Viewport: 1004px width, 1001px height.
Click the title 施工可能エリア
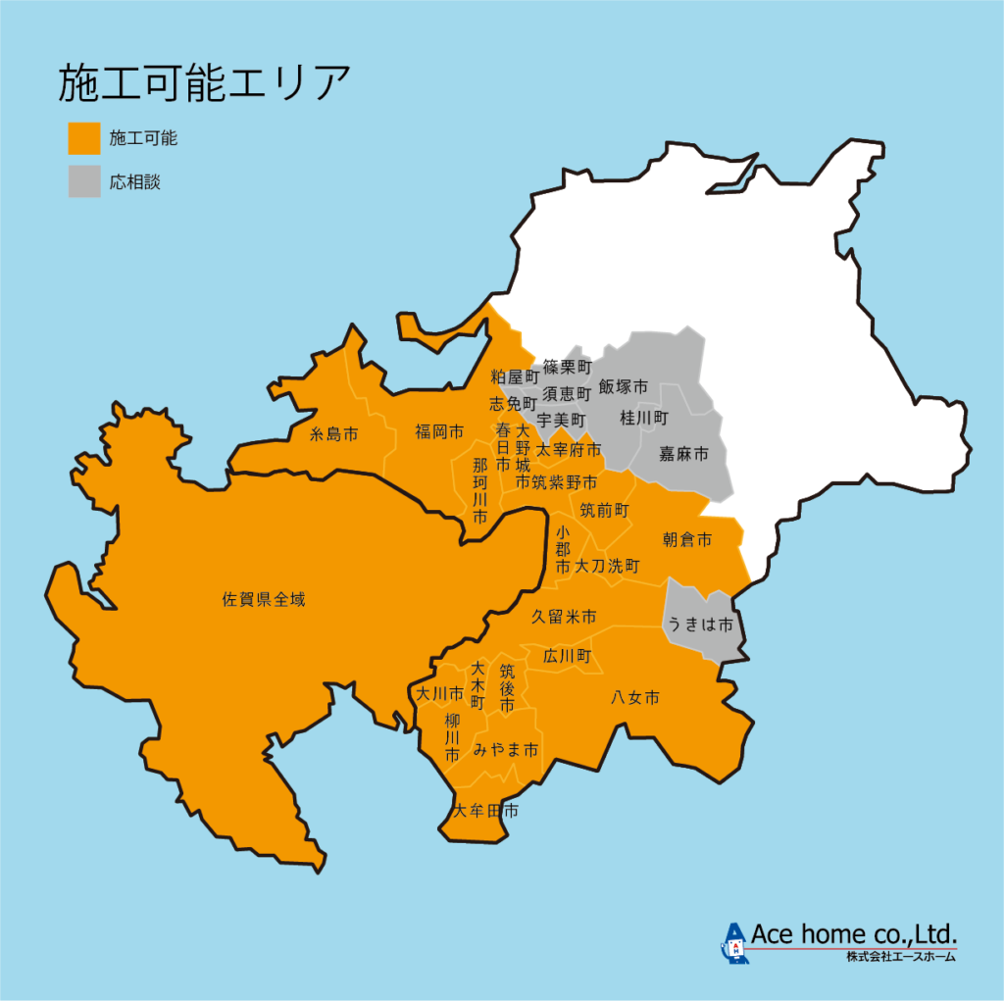pos(204,84)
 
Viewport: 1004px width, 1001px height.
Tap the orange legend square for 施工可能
pos(84,138)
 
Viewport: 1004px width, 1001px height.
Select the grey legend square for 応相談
pos(84,181)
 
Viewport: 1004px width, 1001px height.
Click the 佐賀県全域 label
pos(264,599)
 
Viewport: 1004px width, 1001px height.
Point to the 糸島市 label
pos(333,432)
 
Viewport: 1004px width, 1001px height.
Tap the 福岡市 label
pos(438,431)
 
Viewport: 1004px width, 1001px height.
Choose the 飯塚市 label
pos(624,386)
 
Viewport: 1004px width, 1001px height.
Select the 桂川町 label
pos(643,419)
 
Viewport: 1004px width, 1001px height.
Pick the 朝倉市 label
pos(686,540)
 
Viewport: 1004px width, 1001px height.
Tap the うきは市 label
pos(700,624)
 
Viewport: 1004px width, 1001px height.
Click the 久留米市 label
pos(564,617)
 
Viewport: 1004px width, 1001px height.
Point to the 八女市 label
pos(634,698)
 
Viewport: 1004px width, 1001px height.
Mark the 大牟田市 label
pos(485,811)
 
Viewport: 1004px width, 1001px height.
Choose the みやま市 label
pos(506,750)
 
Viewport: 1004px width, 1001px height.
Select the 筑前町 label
pos(604,510)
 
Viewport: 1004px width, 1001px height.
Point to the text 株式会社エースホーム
pos(901,956)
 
